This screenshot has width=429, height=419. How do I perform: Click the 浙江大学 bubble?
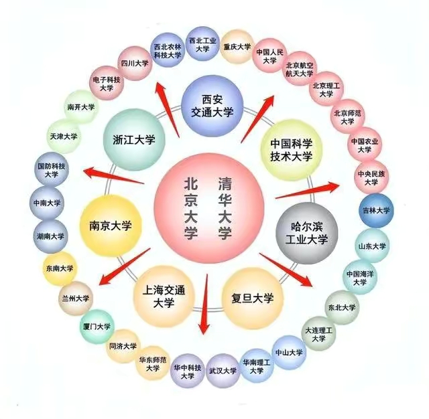click(x=134, y=141)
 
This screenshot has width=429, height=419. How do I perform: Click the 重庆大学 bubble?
click(x=237, y=47)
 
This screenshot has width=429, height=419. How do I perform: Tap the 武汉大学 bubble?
click(x=222, y=370)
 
